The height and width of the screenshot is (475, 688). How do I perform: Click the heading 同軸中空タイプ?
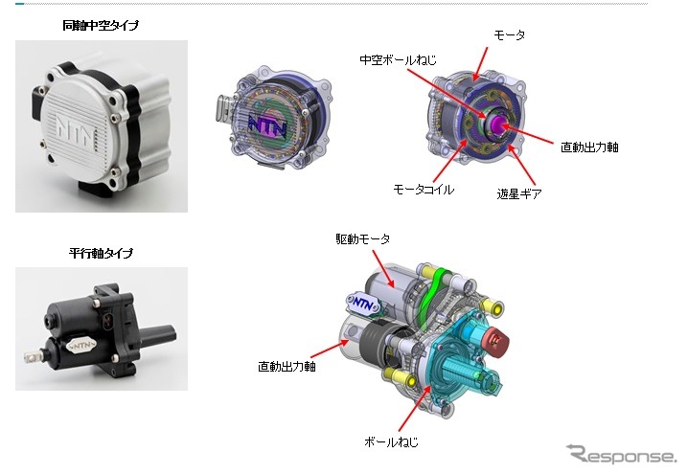point(101,25)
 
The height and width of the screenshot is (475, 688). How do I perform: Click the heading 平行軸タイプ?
point(101,254)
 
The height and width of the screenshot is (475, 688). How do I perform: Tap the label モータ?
point(508,34)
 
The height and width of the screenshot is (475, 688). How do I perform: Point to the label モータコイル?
point(422,190)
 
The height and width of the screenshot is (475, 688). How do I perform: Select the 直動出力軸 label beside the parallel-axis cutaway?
point(287,365)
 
